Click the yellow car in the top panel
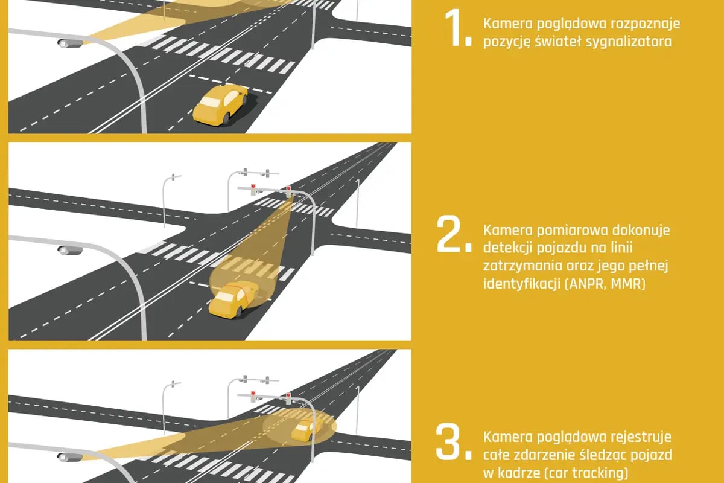coord(220,105)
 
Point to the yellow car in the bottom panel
coord(306,430)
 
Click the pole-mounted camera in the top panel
coord(70,43)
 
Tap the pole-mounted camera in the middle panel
coord(70,250)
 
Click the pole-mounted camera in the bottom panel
coord(70,457)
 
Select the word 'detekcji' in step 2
coord(507,249)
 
